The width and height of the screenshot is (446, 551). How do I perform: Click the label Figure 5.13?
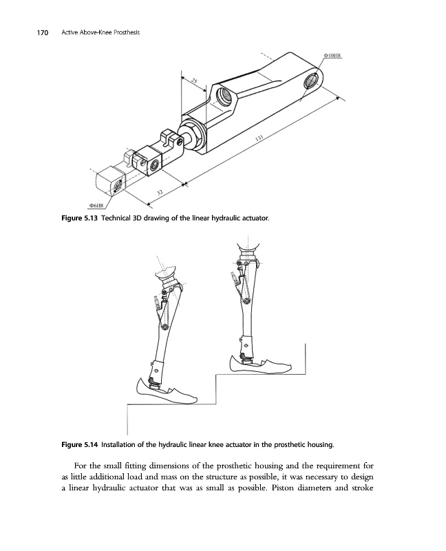pyautogui.click(x=72, y=218)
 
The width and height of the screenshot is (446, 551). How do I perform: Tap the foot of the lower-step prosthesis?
pyautogui.click(x=167, y=394)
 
